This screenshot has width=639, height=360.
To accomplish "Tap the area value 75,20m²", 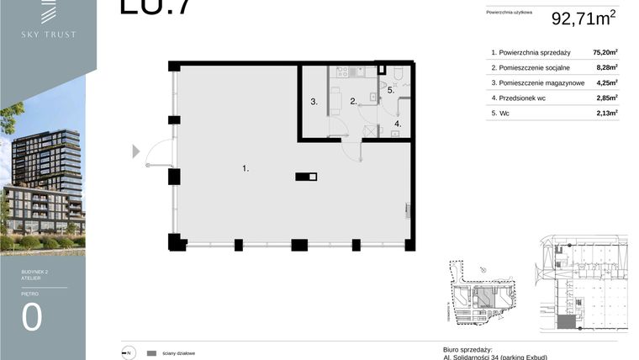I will point(605,52).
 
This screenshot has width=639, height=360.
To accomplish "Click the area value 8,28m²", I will point(607,67).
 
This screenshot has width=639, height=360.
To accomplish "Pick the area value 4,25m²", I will point(607,82).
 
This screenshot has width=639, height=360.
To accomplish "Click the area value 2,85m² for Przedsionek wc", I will point(607,98).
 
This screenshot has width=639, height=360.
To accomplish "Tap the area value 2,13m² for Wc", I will point(607,112).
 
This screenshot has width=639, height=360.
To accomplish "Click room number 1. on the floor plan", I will point(246,169).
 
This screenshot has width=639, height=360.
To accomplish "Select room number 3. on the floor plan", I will point(314,103).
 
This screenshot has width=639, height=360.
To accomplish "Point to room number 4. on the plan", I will point(399,124).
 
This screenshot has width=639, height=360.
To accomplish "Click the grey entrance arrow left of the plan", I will point(136,151).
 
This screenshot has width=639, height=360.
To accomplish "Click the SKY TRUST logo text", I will point(49,34).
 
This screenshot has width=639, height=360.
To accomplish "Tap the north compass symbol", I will point(129,353).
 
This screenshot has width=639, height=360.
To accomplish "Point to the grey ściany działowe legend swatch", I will point(152,353).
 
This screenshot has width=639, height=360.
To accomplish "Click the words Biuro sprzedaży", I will point(467,349).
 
